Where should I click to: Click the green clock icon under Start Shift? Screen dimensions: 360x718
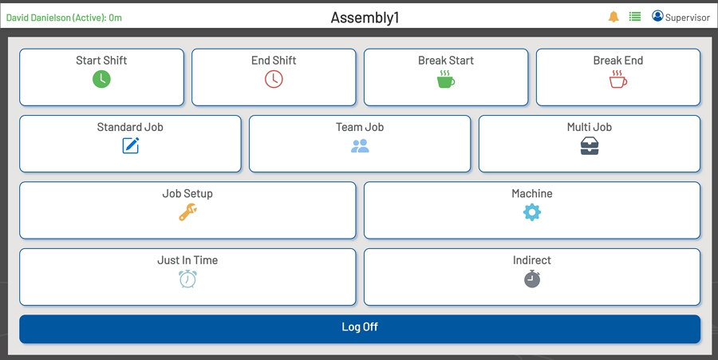coord(101,79)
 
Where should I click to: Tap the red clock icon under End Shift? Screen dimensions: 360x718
coord(274,79)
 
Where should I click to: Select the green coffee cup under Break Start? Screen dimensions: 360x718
coord(446,79)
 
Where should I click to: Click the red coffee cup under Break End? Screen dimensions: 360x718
coord(618,79)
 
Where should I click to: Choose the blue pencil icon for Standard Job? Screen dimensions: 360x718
coord(131,145)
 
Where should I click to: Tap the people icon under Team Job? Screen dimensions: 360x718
coord(360,146)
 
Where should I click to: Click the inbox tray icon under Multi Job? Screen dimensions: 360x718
coord(590,146)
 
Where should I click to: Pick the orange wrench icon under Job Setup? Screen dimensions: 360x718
coord(187,212)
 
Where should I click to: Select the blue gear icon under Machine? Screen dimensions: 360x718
coord(532,212)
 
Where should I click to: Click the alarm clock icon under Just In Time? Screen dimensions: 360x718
coord(187,279)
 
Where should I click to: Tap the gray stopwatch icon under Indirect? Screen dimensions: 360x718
coord(532,279)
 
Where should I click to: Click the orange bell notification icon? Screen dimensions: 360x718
coord(613,17)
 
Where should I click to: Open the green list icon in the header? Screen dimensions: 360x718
coord(635,17)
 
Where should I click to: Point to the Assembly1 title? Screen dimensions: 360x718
coord(365,18)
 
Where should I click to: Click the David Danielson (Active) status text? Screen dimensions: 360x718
coord(65,18)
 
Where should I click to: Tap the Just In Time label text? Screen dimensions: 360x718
coord(187,260)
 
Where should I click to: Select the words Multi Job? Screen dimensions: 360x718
coord(590,127)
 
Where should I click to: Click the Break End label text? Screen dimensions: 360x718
coord(618,61)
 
